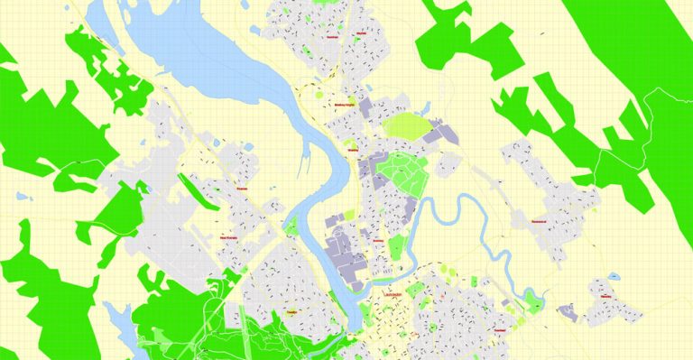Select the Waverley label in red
click(x=604, y=295)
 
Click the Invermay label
click(x=378, y=241)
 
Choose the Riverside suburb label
click(x=241, y=189)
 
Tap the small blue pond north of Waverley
click(x=614, y=274)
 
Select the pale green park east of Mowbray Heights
click(x=408, y=124)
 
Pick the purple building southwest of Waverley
click(x=567, y=312)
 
